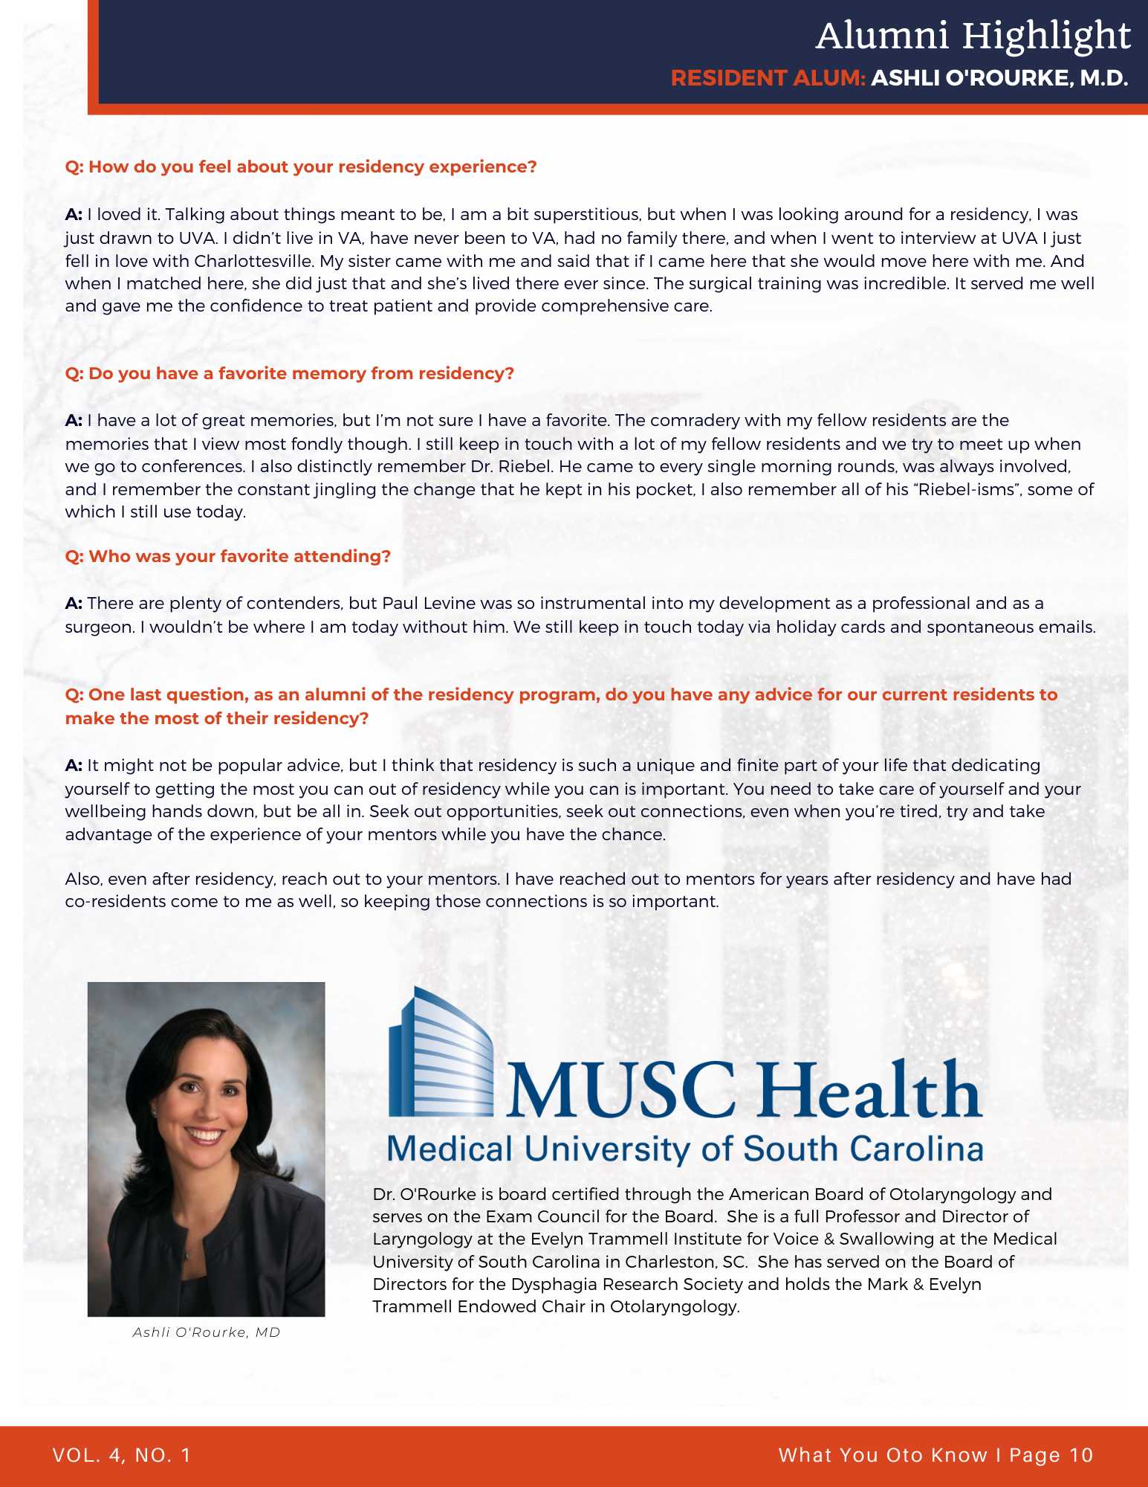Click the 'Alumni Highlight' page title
973,36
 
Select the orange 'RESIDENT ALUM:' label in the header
768,78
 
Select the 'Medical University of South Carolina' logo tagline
684,1149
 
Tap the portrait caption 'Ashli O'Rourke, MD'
207,1332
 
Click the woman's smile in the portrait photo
204,1135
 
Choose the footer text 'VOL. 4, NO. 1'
122,1455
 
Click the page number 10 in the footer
1081,1455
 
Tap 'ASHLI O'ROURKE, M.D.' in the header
999,78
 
